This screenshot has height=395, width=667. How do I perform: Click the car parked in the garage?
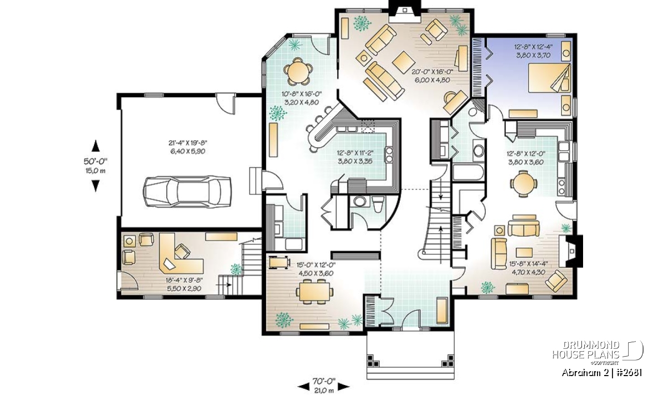187,192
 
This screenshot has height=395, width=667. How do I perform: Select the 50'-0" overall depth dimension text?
95,161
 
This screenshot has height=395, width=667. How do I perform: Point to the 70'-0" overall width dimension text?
323,381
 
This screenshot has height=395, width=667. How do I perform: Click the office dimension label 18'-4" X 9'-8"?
184,280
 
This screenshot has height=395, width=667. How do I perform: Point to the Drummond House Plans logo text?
586,350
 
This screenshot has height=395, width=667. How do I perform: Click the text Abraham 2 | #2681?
602,373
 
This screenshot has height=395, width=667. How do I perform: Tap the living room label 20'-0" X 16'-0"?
432,72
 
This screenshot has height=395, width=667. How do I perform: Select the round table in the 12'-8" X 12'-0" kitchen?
524,183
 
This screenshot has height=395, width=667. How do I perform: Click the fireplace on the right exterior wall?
570,251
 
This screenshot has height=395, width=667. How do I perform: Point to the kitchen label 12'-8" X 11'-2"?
355,153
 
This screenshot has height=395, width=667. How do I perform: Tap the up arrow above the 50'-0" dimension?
95,146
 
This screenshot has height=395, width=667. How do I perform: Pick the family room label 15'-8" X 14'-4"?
529,263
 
